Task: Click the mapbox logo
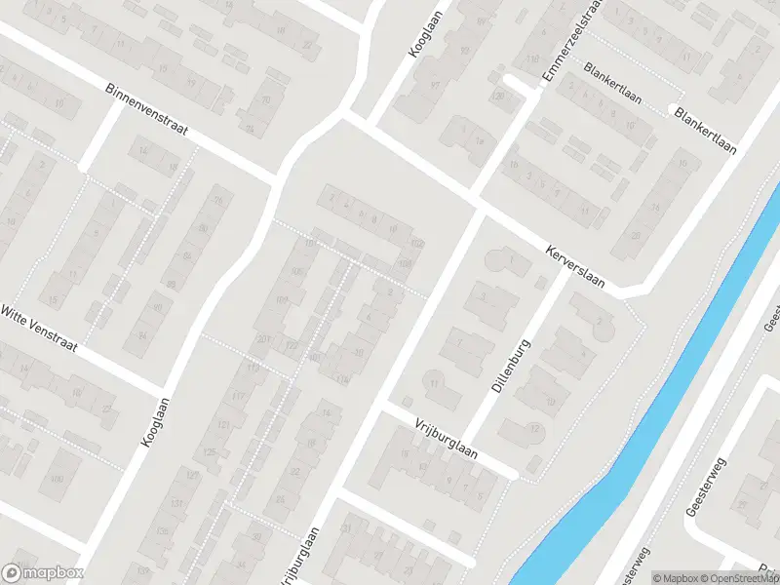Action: [43, 573]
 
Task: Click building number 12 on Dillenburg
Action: [533, 428]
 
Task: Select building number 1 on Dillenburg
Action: [512, 258]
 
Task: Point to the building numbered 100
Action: [58, 479]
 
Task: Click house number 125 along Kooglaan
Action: [209, 451]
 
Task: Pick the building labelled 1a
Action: [478, 140]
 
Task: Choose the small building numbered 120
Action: [499, 96]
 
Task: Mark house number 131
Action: [176, 503]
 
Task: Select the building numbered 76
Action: [217, 202]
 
